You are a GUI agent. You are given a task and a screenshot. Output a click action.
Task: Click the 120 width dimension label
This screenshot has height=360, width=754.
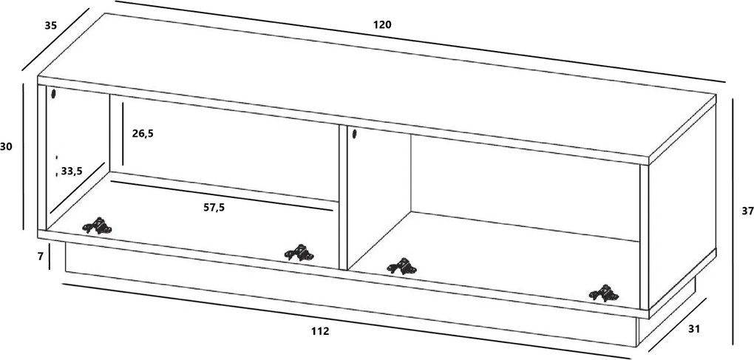click(x=382, y=24)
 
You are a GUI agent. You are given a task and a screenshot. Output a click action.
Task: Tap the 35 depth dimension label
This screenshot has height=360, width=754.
click(x=51, y=25)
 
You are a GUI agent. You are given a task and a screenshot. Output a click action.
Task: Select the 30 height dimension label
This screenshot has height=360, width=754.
click(x=6, y=147)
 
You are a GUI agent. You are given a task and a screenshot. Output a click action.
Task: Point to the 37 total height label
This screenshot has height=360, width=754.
click(x=748, y=211)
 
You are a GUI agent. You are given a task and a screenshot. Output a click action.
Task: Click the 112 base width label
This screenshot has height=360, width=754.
click(x=320, y=331)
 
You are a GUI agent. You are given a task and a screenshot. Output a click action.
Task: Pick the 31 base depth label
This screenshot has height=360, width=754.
click(x=694, y=329)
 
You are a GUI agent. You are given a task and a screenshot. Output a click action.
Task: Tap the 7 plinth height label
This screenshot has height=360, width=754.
click(x=41, y=257)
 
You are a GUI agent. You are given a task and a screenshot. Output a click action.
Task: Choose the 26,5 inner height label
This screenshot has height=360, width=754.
click(x=143, y=134)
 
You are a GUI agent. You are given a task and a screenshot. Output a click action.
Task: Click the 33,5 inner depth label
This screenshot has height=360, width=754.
click(x=72, y=171)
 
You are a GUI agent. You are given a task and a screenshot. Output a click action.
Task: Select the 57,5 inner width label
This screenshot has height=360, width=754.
click(x=214, y=208)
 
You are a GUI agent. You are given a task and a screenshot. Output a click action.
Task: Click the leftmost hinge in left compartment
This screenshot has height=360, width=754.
click(x=97, y=226)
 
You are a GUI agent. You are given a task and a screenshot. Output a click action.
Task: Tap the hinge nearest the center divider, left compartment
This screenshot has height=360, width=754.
click(x=299, y=253)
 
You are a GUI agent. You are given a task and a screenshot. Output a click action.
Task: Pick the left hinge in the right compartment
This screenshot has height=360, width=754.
click(x=402, y=266)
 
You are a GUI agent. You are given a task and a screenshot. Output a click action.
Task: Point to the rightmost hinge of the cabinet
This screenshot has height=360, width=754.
click(x=604, y=293)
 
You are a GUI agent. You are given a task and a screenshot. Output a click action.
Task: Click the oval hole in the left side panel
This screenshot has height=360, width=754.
click(x=53, y=93)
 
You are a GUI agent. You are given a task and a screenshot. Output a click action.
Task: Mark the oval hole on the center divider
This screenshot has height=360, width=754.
click(x=354, y=134)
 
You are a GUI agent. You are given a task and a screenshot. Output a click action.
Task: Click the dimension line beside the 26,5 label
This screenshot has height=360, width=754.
click(x=123, y=133)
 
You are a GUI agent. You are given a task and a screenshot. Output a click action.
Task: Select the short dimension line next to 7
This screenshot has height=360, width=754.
click(x=50, y=257)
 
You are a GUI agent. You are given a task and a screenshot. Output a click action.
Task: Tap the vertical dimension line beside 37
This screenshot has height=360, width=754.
click(x=733, y=222)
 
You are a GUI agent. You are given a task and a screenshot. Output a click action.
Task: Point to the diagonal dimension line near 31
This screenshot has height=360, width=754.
click(x=678, y=325)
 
